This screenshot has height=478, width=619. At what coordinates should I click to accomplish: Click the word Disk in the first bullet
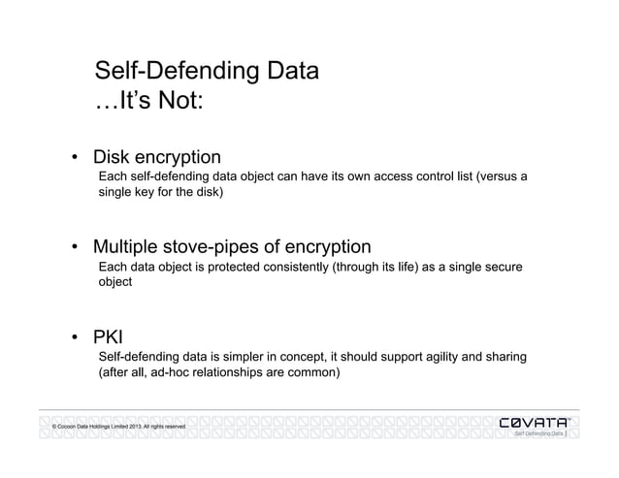[x=113, y=156]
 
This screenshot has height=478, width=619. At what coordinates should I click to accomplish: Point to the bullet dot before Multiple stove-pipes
[x=74, y=245]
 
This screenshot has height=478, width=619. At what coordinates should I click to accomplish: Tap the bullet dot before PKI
[x=74, y=339]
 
